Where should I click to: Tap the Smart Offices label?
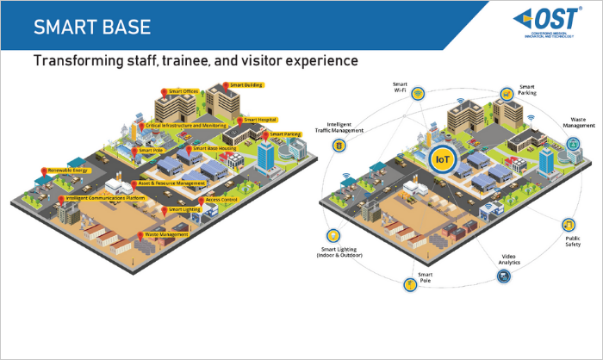[x=184, y=90]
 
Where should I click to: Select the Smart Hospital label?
[x=262, y=120]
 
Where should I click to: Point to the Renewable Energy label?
[x=68, y=171]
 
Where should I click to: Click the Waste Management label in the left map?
[x=166, y=234]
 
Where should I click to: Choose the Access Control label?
[x=222, y=200]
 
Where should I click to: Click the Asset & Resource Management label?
[x=171, y=183]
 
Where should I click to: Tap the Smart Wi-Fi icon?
[x=417, y=93]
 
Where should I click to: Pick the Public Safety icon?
[x=568, y=225]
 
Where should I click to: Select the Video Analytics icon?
[x=502, y=276]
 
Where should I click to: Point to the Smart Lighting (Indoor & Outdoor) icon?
[x=333, y=235]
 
